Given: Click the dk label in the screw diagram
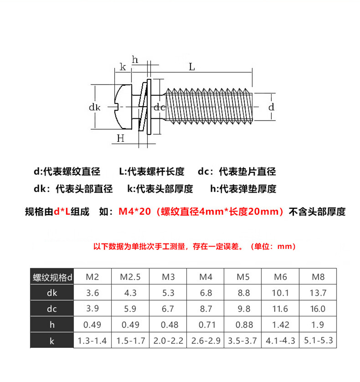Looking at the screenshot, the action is click(x=94, y=107).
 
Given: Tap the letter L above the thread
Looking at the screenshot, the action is click(x=192, y=67).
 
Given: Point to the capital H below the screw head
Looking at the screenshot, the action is click(x=121, y=139).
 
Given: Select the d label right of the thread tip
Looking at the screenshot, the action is click(x=271, y=107).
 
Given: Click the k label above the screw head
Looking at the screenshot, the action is click(x=123, y=67).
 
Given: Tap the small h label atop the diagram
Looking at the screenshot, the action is click(x=135, y=59).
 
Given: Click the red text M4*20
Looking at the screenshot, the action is click(x=135, y=211).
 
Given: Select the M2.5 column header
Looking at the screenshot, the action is click(x=130, y=277).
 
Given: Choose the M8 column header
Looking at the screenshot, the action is click(x=318, y=277).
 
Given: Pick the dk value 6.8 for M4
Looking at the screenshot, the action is click(x=206, y=293).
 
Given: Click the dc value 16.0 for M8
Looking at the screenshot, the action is click(x=318, y=309).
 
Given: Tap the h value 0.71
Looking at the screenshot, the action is click(x=207, y=325).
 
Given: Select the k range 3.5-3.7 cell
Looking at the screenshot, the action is click(x=243, y=341).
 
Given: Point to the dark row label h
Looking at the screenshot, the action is click(x=52, y=325).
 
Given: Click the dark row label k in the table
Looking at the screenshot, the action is click(x=52, y=341).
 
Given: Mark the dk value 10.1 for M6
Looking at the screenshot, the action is click(x=280, y=293).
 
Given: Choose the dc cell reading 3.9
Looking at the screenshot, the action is click(x=93, y=308).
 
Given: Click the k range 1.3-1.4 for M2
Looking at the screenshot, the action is click(x=92, y=341).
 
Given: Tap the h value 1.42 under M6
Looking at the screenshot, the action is click(x=281, y=325).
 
